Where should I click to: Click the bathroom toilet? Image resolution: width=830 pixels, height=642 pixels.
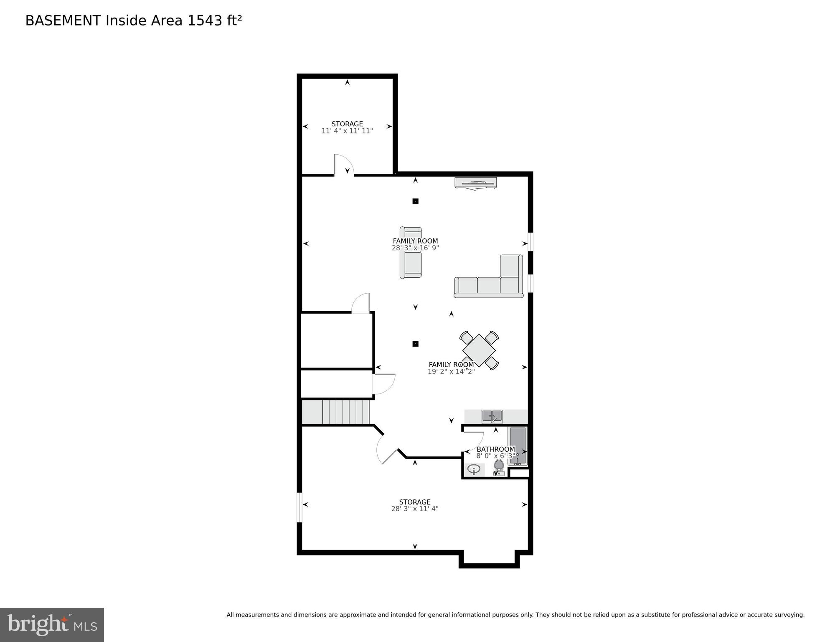click(x=499, y=467)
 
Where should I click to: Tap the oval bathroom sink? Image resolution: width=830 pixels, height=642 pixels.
click(x=474, y=469)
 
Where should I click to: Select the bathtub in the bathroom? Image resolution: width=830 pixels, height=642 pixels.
click(x=518, y=445)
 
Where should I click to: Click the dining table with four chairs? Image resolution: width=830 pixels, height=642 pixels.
click(x=479, y=350)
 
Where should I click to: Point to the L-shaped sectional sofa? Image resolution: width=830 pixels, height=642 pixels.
click(x=493, y=280)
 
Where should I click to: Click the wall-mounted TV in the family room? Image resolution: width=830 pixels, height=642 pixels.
click(x=476, y=183)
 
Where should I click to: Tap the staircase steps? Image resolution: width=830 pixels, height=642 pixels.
click(x=346, y=412)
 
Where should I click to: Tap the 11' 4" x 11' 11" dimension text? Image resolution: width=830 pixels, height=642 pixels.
click(x=347, y=131)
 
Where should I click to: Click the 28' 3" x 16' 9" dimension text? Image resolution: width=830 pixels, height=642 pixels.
click(x=415, y=248)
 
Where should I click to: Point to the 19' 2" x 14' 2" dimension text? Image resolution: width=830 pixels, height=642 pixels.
click(x=451, y=371)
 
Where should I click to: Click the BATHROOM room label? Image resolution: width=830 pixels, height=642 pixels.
click(x=496, y=449)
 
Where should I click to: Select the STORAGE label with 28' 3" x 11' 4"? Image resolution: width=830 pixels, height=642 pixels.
click(x=414, y=502)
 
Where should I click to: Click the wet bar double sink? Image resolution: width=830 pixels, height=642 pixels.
click(x=492, y=416)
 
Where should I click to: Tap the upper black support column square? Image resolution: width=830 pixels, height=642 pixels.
click(x=415, y=201)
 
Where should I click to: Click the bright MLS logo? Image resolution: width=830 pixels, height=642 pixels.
click(x=52, y=625)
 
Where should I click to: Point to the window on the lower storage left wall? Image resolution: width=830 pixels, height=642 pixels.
click(x=299, y=507)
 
